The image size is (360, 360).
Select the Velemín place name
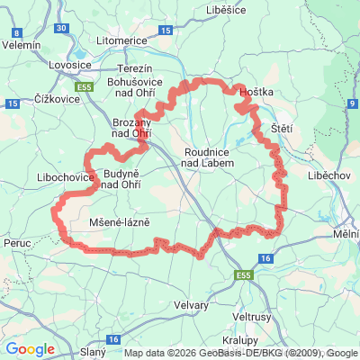22,43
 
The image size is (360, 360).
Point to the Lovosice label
66,65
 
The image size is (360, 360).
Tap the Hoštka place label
256,92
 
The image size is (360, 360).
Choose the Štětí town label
282,129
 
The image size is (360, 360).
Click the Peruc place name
18,244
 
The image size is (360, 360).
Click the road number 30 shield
61,28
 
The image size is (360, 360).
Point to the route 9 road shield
352,105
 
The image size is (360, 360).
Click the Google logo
30,349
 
